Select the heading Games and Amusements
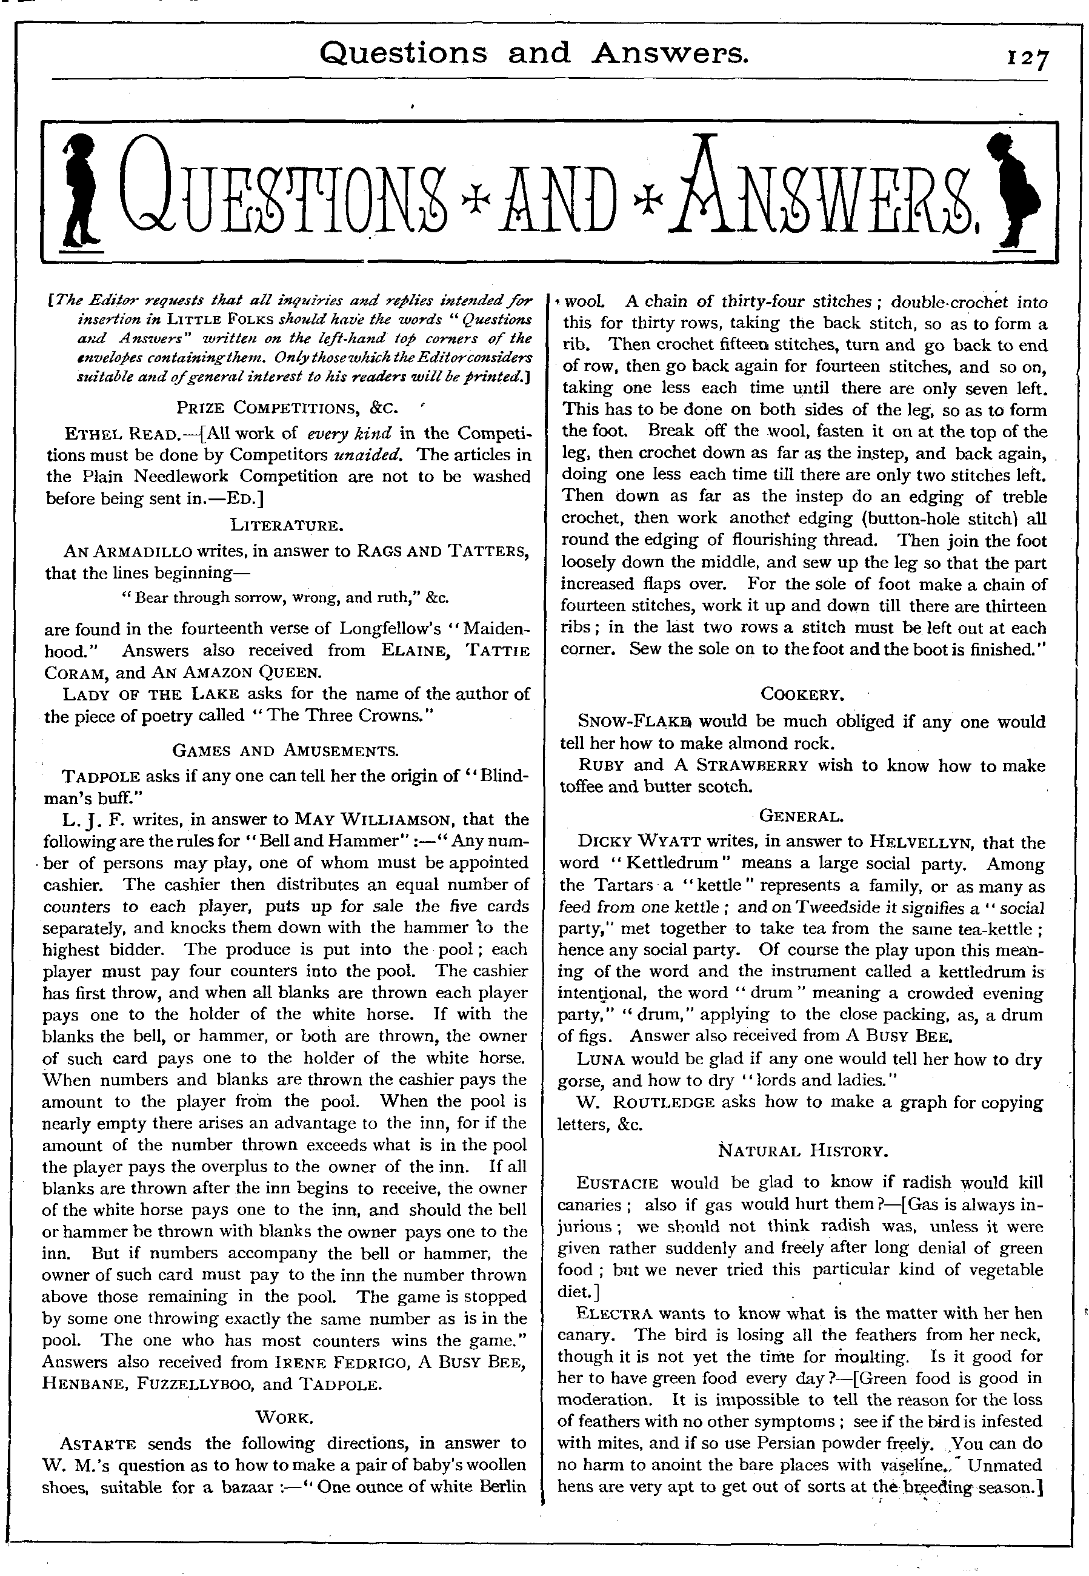[286, 751]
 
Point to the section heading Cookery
[802, 695]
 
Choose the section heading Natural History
[802, 1152]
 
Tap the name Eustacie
[618, 1184]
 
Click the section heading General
[802, 816]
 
